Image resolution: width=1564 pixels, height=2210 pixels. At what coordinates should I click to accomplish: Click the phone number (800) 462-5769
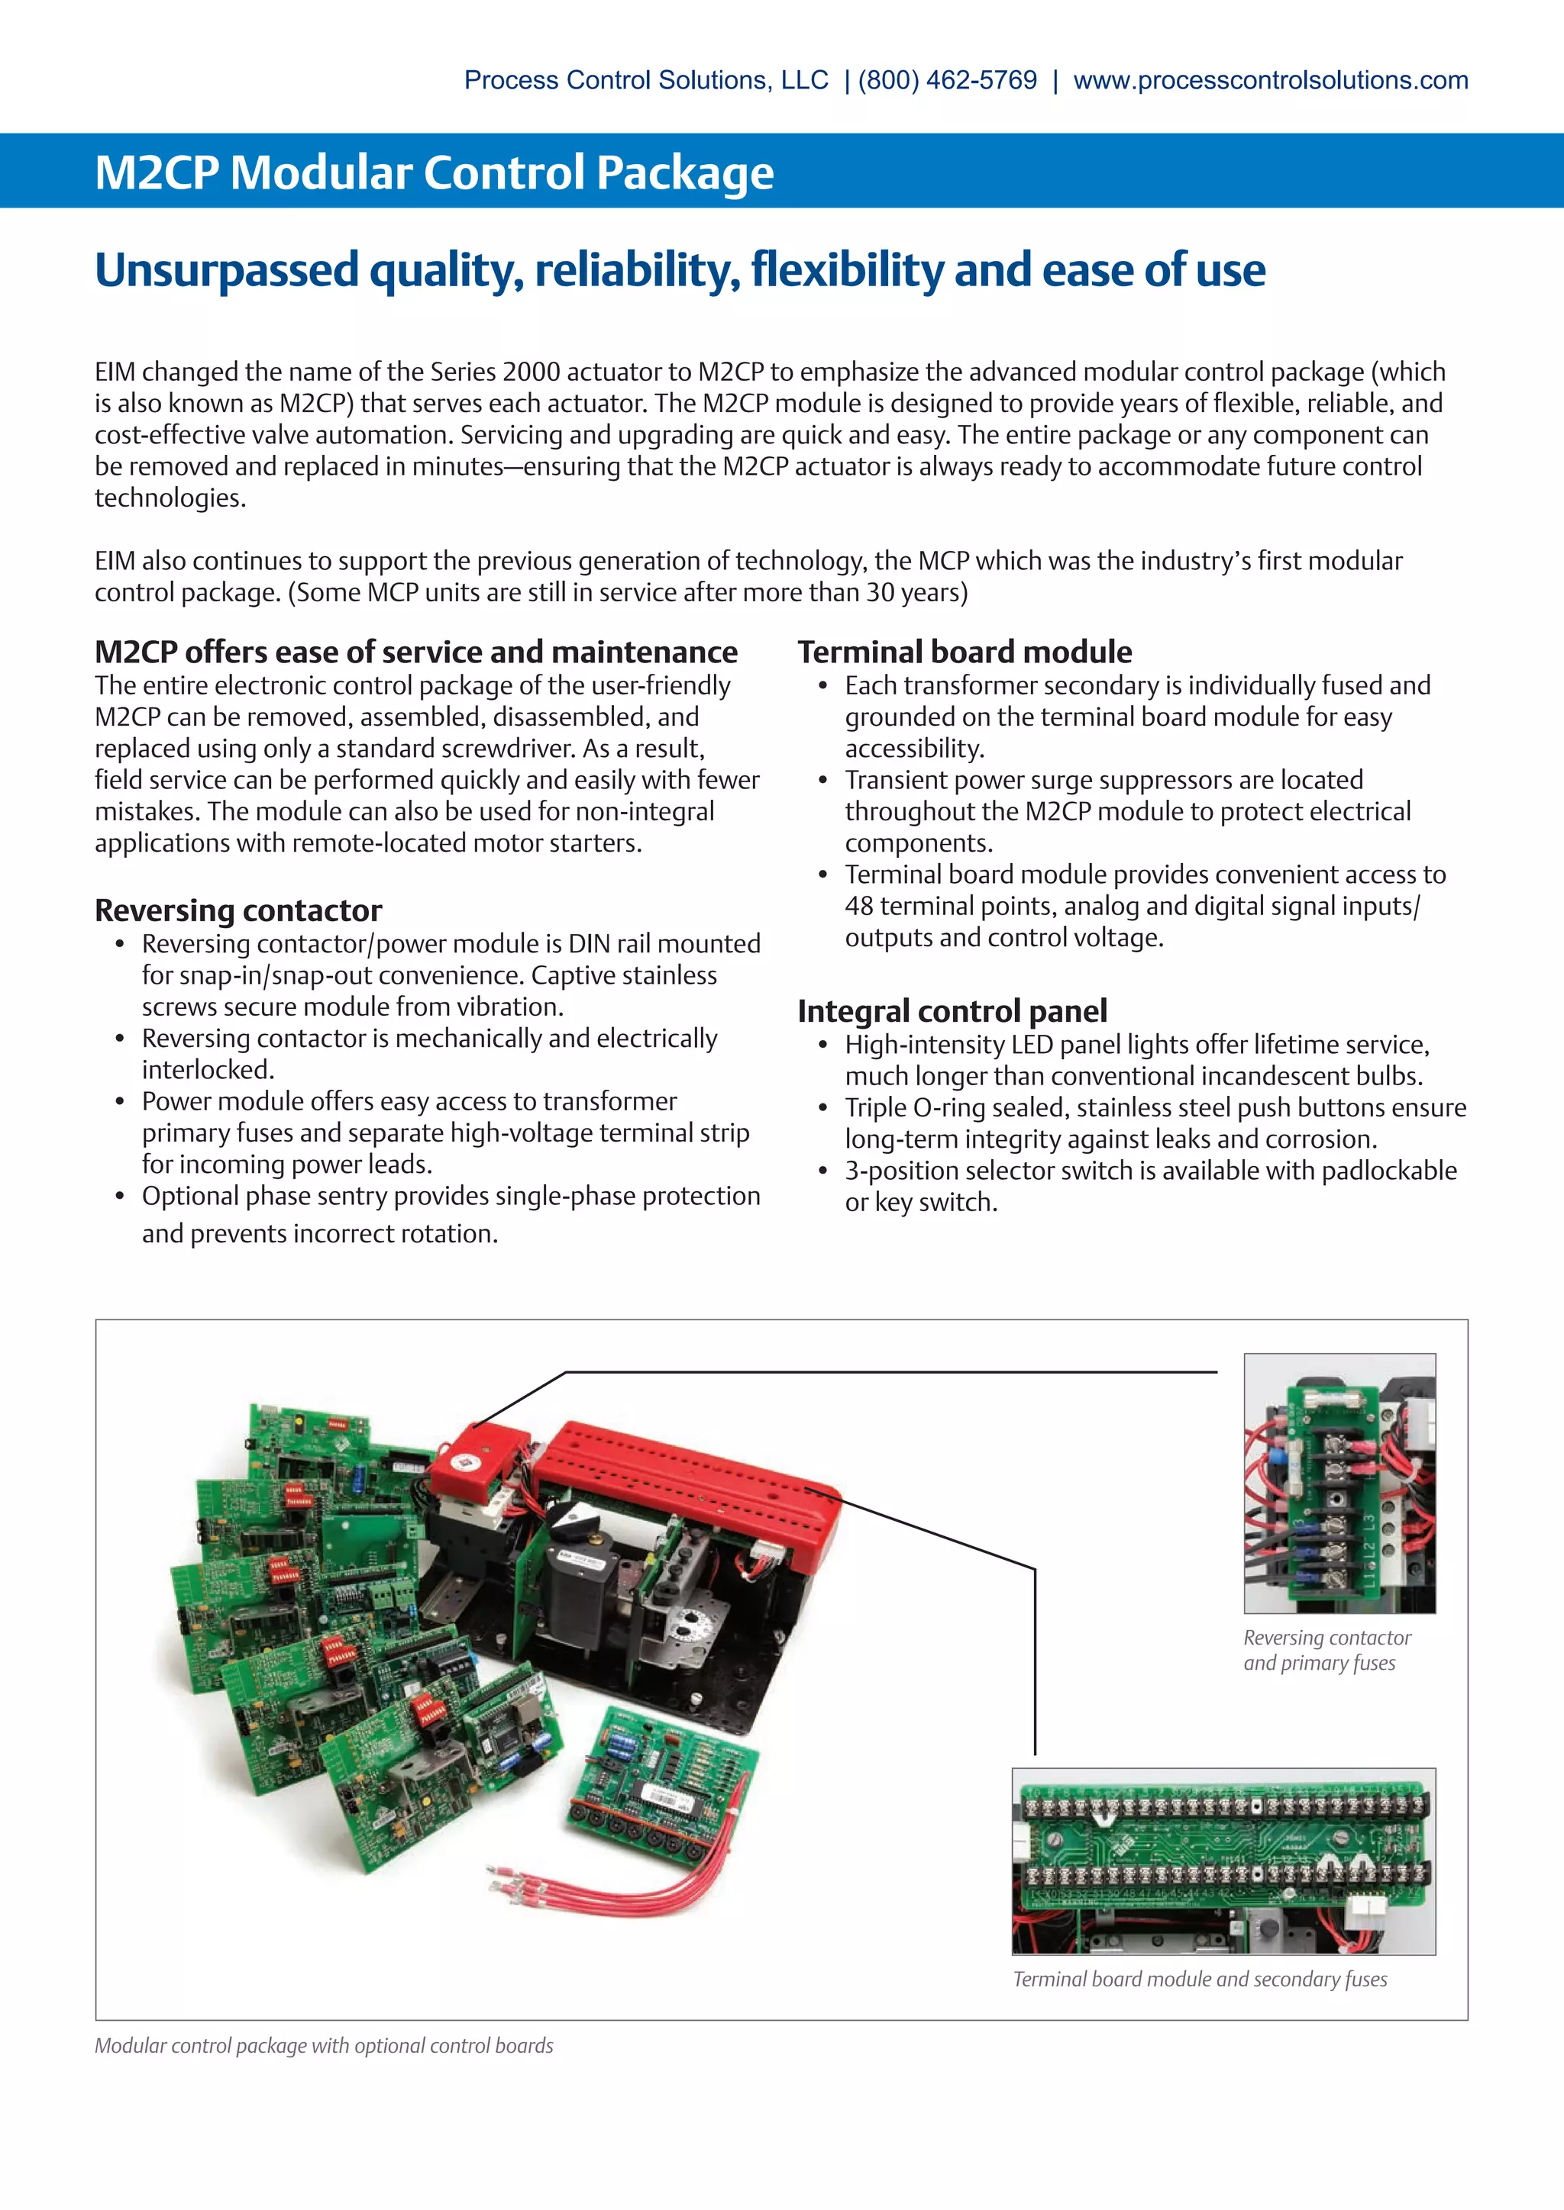948,80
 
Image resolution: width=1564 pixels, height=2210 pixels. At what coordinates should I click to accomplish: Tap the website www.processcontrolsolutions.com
1270,80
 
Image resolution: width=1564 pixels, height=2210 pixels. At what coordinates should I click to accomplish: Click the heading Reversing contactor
238,910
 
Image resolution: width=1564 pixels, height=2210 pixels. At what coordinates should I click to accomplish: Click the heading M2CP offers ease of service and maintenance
415,652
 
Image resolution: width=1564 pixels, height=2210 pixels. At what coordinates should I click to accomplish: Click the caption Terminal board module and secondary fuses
1199,1979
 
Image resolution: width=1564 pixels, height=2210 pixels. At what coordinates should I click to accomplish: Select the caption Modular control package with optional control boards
324,2045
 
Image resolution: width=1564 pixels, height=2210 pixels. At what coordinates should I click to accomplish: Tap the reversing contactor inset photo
1339,1482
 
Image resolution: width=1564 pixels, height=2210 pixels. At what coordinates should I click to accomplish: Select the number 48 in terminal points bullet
859,907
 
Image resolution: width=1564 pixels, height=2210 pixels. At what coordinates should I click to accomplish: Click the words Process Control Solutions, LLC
645,80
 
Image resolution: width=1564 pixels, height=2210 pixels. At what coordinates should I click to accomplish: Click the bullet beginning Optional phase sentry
451,1197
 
